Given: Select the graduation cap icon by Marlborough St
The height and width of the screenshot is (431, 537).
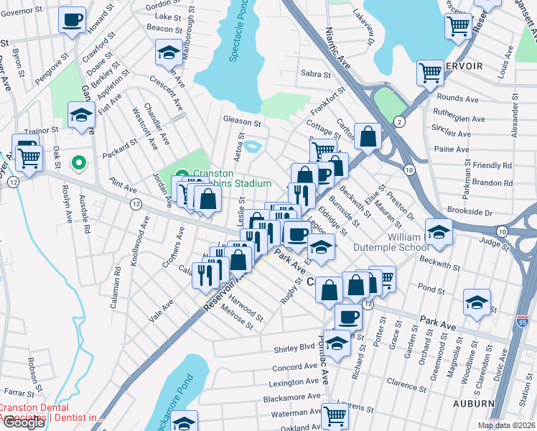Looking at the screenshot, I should tap(168, 53).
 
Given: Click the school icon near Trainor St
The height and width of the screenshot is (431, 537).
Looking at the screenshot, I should tap(81, 115).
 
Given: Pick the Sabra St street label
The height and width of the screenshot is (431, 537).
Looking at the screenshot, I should tap(315, 74).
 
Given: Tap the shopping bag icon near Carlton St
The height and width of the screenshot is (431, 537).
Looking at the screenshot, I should tap(368, 136).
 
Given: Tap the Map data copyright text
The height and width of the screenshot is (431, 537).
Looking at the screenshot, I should tap(506, 425).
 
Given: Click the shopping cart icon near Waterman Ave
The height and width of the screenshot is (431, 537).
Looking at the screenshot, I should tap(335, 414).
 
